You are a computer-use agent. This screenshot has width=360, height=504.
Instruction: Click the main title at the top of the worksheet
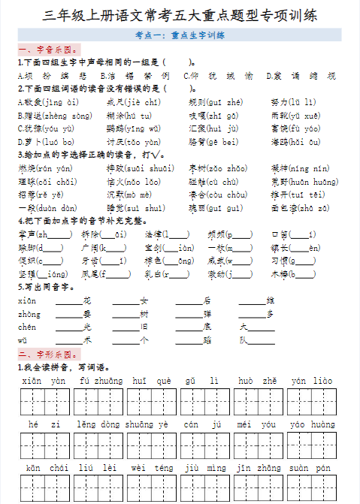180,15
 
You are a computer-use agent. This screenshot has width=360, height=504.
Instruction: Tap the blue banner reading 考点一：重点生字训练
180,35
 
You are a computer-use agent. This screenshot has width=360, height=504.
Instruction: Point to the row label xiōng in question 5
27,300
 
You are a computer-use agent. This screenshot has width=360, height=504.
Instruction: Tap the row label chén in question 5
27,327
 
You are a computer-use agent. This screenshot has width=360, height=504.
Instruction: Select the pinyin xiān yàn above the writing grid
43,381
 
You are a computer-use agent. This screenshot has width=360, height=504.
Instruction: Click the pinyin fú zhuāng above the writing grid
101,381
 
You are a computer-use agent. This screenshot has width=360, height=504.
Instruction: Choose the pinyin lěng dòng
98,424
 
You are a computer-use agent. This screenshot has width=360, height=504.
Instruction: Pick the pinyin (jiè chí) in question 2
143,102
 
